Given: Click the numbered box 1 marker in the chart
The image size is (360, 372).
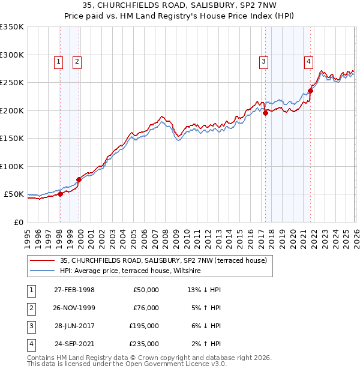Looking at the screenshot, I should (59, 61).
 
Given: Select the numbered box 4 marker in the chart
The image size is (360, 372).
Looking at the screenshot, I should (308, 61).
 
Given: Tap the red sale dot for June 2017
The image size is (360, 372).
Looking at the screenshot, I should (265, 113).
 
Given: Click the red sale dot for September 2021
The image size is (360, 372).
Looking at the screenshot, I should (310, 91).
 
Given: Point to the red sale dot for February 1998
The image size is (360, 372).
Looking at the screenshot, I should (60, 194).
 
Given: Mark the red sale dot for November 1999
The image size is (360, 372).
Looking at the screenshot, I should (79, 179).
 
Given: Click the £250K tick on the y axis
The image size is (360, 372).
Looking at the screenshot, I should (11, 83).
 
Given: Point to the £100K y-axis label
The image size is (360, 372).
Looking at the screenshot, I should (11, 166).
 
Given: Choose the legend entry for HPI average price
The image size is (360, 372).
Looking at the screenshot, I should (133, 271).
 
